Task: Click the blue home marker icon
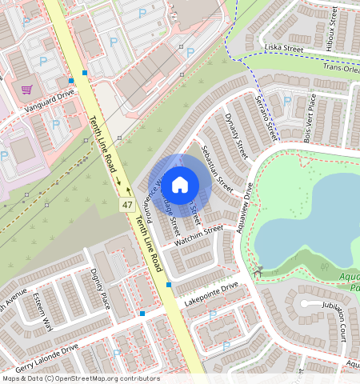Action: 180,185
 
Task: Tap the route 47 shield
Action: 127,206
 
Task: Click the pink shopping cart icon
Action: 26,89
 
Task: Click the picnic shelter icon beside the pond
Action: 258,272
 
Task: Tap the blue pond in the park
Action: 308,220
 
